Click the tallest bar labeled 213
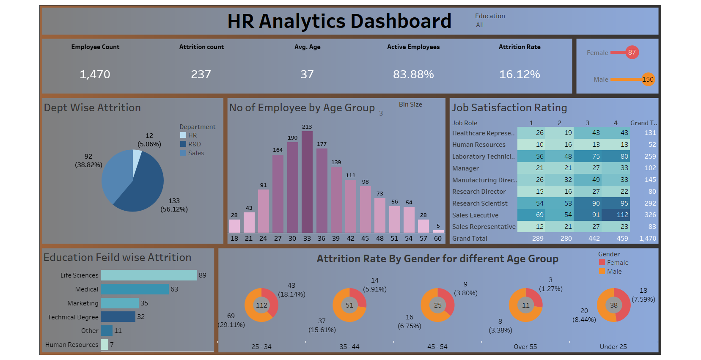(307, 182)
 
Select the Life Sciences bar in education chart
(149, 275)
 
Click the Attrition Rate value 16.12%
(520, 74)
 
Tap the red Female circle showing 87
(632, 52)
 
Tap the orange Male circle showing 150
(648, 79)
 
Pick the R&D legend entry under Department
(194, 144)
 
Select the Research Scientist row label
(480, 203)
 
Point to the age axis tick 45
(365, 239)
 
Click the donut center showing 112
(261, 305)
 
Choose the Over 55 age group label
(525, 347)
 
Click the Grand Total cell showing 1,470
(648, 239)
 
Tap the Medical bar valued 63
(135, 289)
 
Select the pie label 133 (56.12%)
(174, 205)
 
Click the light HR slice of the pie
(136, 159)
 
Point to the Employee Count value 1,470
(95, 74)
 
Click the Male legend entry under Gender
(614, 272)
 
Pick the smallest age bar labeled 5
(438, 231)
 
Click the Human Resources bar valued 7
(104, 345)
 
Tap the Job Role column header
(465, 123)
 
